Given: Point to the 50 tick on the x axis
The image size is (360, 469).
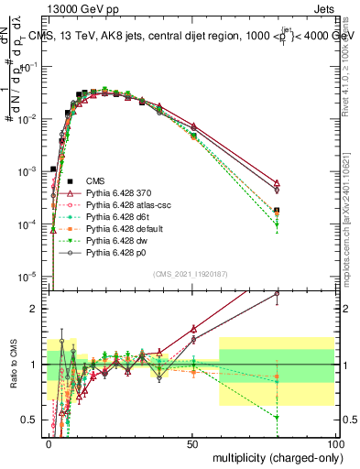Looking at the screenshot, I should tap(191, 442).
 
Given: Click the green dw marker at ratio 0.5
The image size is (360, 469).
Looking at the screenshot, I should tap(277, 418).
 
